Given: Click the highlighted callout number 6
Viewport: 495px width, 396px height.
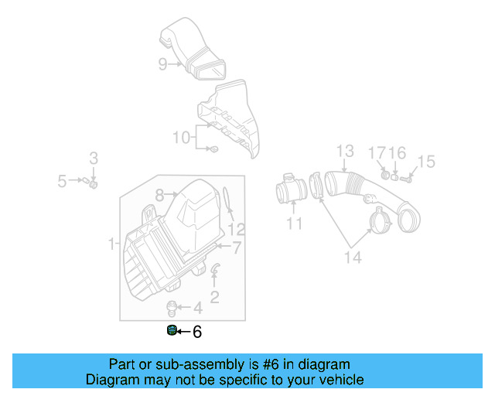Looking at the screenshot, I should (x=196, y=333).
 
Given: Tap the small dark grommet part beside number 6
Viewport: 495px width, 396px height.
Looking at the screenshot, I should (x=171, y=333).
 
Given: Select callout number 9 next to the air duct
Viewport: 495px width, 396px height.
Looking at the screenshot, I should (x=162, y=64).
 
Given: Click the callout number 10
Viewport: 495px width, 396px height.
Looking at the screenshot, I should (x=181, y=138).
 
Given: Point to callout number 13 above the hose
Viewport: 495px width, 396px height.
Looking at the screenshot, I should (x=344, y=151).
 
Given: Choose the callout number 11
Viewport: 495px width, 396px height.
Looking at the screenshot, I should (x=295, y=224).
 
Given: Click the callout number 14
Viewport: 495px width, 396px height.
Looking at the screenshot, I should (x=352, y=257).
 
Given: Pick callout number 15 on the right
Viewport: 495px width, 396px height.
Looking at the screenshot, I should (x=426, y=162).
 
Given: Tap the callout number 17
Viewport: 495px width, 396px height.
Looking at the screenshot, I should (x=377, y=152).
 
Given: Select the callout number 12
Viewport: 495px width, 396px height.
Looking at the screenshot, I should (x=236, y=229).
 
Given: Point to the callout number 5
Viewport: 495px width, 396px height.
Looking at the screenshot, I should (x=63, y=182).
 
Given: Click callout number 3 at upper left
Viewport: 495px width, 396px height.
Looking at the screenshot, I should (x=93, y=159).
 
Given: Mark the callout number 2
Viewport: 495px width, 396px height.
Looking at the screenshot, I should (x=214, y=295).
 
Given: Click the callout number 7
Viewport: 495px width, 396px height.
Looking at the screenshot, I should (x=237, y=247).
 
